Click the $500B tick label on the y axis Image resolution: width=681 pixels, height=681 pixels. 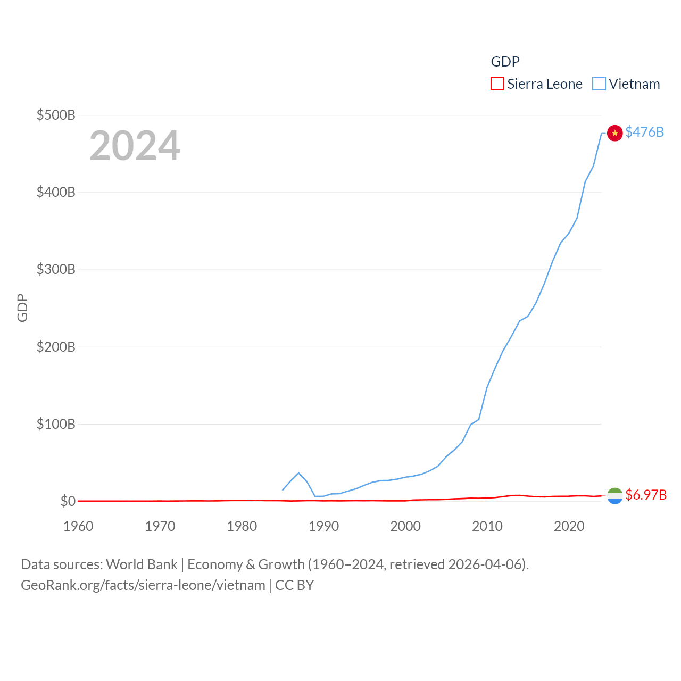[56, 115]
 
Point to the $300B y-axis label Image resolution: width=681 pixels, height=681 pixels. [56, 269]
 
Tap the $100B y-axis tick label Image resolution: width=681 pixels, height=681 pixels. [56, 424]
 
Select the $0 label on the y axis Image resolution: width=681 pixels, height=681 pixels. [68, 501]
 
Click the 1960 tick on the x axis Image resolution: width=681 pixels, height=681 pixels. [78, 526]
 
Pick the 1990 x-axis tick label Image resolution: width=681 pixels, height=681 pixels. [323, 526]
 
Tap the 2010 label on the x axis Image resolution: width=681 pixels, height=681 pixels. [487, 526]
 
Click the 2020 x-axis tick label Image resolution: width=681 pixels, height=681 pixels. [569, 526]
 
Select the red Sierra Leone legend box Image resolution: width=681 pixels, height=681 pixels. [497, 84]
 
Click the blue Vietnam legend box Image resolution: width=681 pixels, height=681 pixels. [599, 84]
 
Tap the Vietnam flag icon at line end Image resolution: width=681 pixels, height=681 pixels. [615, 133]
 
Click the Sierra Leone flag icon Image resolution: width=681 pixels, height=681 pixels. [615, 496]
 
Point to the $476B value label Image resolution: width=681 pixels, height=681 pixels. [644, 132]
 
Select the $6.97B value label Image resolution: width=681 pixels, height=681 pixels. [646, 495]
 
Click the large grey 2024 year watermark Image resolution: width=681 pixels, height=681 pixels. [135, 146]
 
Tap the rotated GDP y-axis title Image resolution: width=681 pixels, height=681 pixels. [22, 308]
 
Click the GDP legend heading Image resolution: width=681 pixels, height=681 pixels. [505, 62]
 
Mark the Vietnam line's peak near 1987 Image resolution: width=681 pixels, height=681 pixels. [298, 473]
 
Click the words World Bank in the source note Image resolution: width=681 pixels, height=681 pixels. [142, 564]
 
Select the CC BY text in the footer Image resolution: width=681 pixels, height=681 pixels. [294, 585]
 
